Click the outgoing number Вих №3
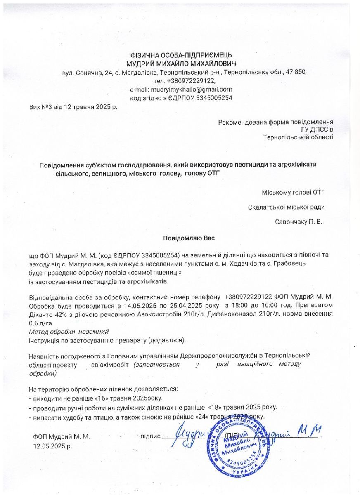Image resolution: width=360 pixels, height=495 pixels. click(41, 107)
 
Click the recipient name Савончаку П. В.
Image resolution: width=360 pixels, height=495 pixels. click(298, 222)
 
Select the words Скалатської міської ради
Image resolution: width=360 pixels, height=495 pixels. click(287, 207)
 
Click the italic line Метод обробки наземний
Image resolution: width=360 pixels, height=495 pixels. click(69, 332)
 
